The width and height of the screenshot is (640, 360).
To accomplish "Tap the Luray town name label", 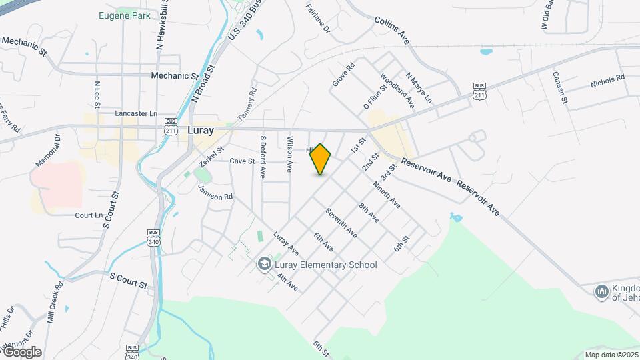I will tap(201, 131).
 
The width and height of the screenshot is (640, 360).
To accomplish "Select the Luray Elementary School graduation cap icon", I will tap(264, 265).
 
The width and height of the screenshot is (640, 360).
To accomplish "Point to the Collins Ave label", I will tap(391, 31).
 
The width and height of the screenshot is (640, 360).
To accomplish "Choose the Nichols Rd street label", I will tap(607, 82).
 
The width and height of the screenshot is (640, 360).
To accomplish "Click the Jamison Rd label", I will tap(215, 193).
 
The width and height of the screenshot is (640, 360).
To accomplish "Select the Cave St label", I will tap(242, 161).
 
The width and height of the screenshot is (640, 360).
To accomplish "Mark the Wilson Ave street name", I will tap(289, 155).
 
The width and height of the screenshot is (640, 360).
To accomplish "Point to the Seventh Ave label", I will tap(341, 223).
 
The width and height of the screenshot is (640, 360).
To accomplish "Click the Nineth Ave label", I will tap(386, 194).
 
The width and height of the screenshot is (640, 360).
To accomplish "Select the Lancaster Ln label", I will tap(136, 114).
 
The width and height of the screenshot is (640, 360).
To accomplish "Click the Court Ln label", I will tap(89, 215).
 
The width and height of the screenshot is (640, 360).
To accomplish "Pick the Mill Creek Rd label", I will tap(55, 303).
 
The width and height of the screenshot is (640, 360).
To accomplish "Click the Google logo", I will tap(21, 352).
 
